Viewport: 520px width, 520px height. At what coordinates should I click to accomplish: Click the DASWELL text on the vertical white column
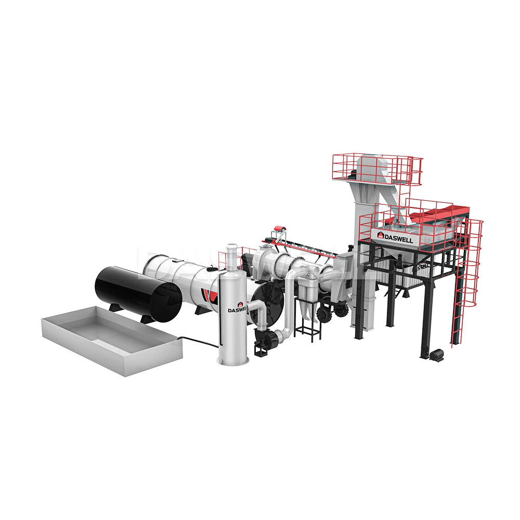(238, 309)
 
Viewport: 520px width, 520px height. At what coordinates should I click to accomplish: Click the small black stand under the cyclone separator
(307, 328)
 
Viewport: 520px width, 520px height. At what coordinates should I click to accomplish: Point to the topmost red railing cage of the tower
(377, 166)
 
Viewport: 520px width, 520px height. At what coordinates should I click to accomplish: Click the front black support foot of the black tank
(113, 307)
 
